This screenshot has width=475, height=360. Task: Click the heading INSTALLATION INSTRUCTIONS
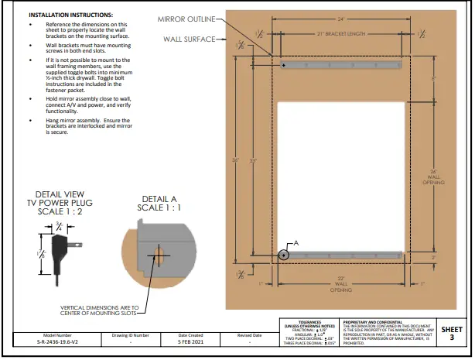70,15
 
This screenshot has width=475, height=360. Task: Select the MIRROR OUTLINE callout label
186,19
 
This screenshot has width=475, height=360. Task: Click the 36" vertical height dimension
235,161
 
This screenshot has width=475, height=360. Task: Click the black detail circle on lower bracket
284,253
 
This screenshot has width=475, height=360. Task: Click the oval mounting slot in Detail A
158,255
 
